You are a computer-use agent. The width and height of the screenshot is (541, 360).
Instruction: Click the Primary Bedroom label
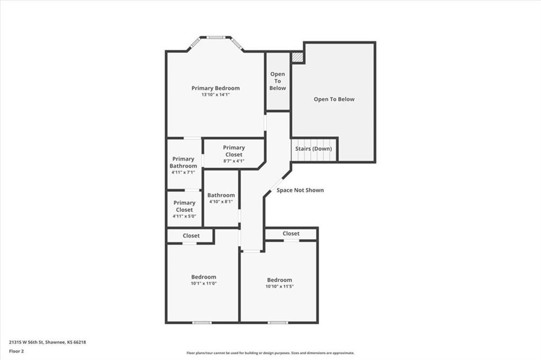pos(216,88)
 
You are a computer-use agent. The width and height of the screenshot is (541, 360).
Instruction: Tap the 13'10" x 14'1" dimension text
pos(216,95)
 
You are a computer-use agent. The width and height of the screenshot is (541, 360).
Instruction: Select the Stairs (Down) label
pos(314,149)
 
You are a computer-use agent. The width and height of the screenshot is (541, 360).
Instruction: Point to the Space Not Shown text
pos(300,190)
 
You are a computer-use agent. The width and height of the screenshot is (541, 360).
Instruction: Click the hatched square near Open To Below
pos(297,56)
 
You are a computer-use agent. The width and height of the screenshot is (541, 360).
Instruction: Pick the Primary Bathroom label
pos(183,162)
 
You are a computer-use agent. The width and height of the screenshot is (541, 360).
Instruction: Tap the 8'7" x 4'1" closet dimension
pos(234,161)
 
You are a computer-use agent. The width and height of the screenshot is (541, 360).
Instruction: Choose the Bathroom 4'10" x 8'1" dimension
pos(221,202)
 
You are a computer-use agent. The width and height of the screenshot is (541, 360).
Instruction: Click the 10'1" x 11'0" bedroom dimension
pos(203,283)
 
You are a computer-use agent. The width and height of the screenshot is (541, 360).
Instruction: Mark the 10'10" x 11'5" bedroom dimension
pos(279,287)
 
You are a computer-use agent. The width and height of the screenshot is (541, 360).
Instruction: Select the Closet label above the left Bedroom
pos(191,236)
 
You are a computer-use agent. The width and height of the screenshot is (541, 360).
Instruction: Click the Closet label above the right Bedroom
pos(291,233)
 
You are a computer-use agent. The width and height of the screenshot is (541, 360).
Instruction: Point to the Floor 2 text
pos(16,350)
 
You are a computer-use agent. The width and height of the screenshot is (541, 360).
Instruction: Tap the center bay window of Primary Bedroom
pos(216,37)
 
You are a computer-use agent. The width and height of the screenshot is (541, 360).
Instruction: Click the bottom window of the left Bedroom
pos(201,323)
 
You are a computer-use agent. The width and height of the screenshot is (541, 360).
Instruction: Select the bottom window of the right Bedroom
pos(278,323)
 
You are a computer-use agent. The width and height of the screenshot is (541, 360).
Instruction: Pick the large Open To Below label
pos(334,99)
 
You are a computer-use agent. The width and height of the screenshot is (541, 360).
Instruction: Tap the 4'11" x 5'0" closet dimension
pos(184,216)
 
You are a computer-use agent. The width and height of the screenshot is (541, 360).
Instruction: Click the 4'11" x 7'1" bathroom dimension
pos(183,173)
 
